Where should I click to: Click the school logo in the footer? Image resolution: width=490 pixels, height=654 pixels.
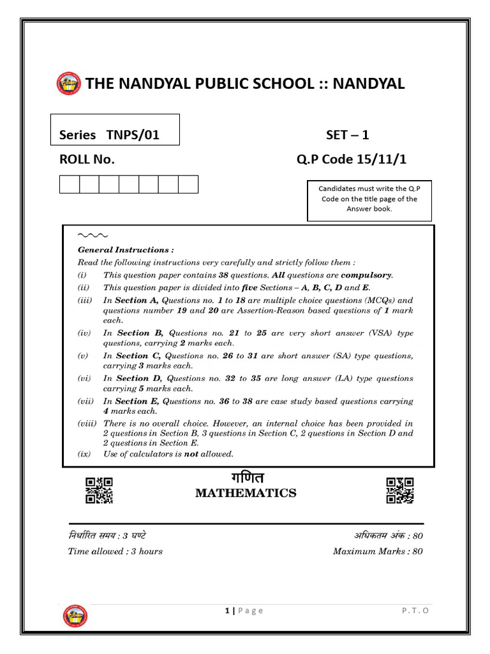[76, 616]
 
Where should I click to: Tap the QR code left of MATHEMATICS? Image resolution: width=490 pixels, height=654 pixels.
[99, 490]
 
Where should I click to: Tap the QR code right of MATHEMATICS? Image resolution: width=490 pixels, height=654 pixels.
[399, 490]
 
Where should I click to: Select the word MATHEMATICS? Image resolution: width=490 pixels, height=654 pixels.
[246, 493]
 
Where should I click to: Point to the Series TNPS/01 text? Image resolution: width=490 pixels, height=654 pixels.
[109, 135]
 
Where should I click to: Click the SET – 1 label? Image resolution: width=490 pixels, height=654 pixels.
[347, 135]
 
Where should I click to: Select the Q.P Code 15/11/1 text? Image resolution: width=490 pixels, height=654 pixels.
[351, 160]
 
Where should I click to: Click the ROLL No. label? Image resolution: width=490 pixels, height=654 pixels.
[87, 160]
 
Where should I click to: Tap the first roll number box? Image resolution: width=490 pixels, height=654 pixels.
[69, 185]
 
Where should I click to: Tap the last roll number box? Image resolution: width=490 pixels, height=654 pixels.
[188, 185]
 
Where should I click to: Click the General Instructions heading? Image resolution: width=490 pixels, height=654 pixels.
[126, 250]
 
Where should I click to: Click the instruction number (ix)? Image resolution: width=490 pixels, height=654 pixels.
[85, 454]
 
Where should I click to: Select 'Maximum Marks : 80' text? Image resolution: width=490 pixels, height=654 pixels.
[377, 551]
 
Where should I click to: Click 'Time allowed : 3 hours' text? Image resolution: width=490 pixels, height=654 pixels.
[115, 551]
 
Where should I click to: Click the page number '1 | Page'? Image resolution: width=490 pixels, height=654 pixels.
[244, 611]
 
